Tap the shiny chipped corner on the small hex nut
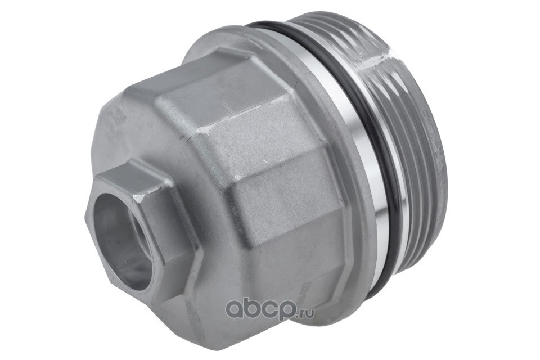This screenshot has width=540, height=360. pos(141,199)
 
